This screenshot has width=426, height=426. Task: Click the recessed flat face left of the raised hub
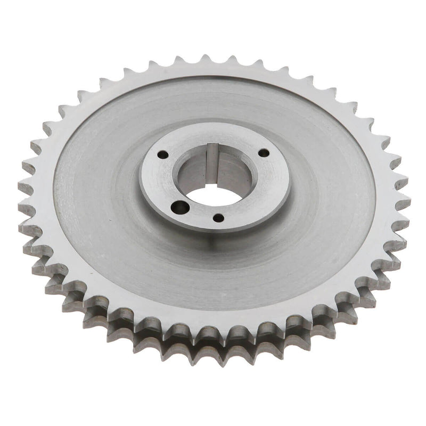pyautogui.click(x=96, y=181)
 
